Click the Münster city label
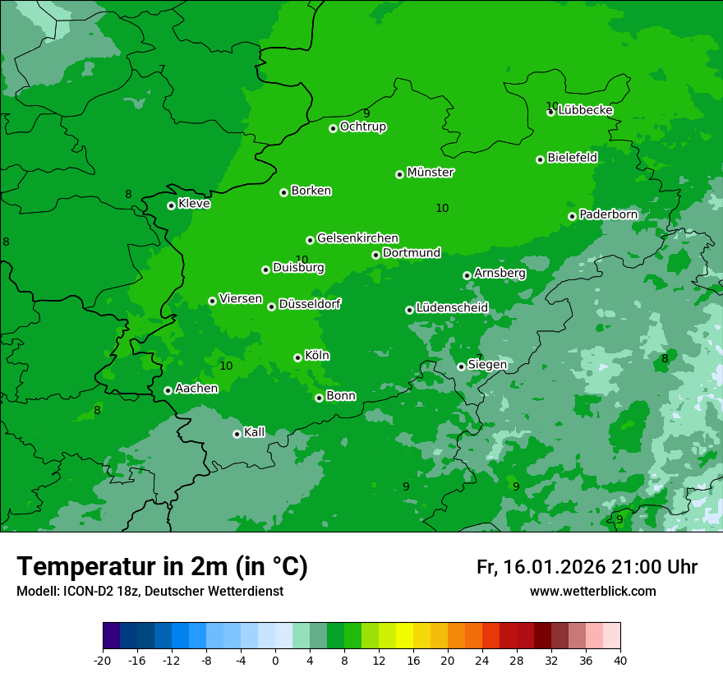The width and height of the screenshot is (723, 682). tap(431, 173)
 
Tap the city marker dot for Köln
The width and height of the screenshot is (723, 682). tap(297, 357)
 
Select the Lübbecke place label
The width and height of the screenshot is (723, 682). tap(585, 110)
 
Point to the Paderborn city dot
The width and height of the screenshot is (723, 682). tap(572, 216)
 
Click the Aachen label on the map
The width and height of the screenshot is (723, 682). tap(196, 389)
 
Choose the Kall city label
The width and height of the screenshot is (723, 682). tap(255, 432)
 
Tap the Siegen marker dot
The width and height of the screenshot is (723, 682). tap(461, 366)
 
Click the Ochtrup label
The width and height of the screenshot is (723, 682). tap(363, 127)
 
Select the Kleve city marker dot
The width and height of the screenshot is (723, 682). tap(171, 205)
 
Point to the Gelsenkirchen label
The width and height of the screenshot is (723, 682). tap(357, 238)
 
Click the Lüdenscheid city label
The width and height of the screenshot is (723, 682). tap(452, 308)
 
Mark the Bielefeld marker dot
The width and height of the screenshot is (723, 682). tap(540, 159)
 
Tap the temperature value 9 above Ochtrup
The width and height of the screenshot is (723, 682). tap(366, 113)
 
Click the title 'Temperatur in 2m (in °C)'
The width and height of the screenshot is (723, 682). tap(162, 567)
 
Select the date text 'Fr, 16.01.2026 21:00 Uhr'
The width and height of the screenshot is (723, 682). tap(587, 567)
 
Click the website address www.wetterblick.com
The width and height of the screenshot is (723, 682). tap(592, 592)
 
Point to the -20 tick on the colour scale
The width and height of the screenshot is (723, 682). tap(103, 661)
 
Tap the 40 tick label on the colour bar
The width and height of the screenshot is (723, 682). tap(619, 661)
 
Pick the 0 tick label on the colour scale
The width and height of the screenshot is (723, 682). tap(275, 661)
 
